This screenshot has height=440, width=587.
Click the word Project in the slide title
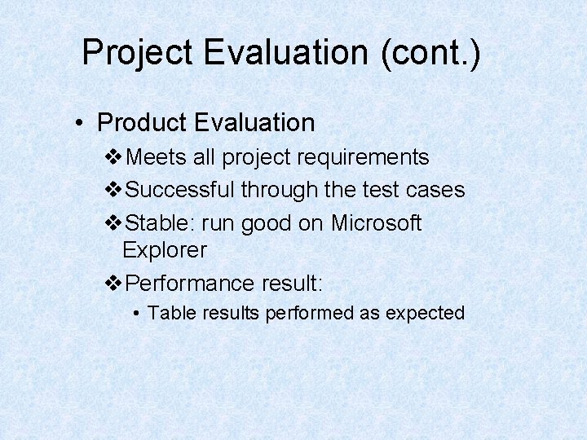click(137, 53)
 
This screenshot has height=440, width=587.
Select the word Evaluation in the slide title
click(285, 53)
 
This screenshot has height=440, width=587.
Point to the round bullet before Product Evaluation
click(78, 124)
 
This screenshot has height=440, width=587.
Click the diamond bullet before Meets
click(115, 156)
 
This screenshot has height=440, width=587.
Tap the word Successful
click(182, 190)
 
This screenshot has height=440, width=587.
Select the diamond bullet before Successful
click(115, 190)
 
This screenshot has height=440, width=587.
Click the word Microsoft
click(376, 223)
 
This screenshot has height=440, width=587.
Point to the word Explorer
click(165, 250)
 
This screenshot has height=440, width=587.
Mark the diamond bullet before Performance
click(115, 284)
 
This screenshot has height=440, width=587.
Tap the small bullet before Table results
click(139, 314)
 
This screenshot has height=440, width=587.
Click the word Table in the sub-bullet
click(166, 313)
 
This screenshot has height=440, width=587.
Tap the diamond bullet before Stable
click(115, 223)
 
